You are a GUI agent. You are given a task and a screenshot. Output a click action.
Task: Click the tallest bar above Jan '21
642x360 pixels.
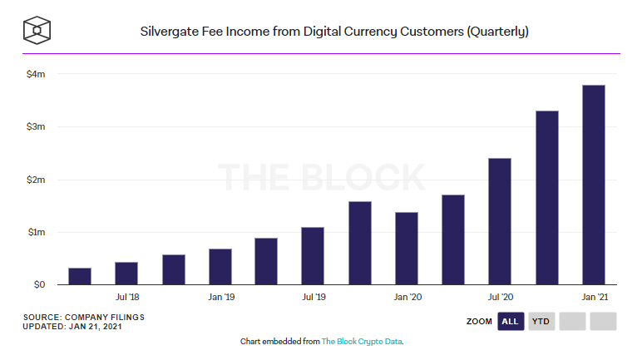593,185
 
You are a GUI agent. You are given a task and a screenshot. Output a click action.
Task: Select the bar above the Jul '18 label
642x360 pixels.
126,274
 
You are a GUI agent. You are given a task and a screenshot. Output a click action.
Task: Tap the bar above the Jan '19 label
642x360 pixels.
220,267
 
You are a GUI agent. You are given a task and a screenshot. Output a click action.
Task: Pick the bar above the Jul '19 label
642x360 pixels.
313,256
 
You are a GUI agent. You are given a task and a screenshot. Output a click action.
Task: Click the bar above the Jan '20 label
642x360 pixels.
406,249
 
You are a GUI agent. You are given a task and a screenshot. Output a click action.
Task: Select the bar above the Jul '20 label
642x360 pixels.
500,221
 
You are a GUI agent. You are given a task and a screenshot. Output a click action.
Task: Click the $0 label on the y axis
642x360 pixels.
38,284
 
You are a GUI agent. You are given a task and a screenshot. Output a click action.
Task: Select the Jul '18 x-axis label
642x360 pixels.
126,297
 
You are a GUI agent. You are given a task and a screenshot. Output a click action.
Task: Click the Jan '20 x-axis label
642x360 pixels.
406,297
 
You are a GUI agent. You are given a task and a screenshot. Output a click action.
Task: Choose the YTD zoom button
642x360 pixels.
541,322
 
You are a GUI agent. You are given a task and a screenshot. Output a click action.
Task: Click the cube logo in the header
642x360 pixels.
38,32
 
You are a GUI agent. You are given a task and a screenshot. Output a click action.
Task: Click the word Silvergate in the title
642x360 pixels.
169,32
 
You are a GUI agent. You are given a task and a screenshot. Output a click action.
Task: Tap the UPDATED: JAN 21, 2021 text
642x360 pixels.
74,327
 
